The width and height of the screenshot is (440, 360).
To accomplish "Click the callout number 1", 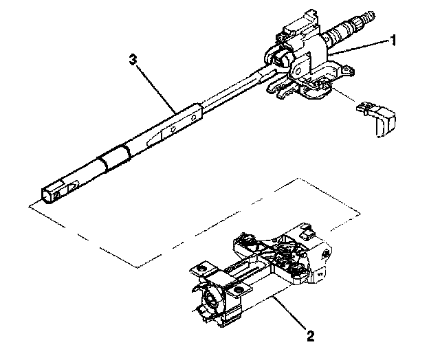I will point(394,41).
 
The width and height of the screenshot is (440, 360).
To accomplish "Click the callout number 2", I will point(310,336).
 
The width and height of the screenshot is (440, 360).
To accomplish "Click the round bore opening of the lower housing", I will point(210,300).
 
